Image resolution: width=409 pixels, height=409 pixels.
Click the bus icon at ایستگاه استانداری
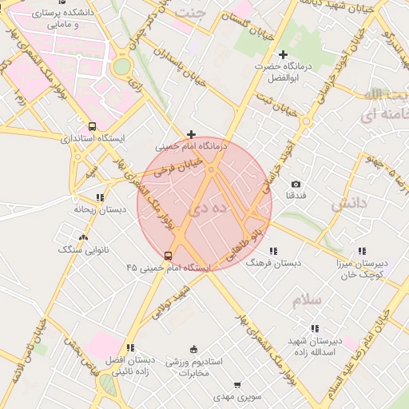93,126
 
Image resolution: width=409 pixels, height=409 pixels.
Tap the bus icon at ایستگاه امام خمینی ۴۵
167,255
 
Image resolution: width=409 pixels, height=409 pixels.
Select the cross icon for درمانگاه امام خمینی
190,134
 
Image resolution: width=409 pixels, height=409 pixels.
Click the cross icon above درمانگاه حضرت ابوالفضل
283,54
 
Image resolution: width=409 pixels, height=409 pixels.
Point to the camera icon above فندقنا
296,184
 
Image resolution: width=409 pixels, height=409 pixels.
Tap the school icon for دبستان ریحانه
100,197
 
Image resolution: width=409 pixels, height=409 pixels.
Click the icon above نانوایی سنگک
84,237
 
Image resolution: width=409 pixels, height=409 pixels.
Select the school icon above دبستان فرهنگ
274,250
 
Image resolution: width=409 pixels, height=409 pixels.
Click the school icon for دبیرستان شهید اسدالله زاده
314,328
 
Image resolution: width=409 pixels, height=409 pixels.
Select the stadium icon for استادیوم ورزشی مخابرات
193,349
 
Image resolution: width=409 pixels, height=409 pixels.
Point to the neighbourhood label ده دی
206,208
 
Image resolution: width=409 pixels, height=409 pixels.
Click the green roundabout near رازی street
121,67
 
